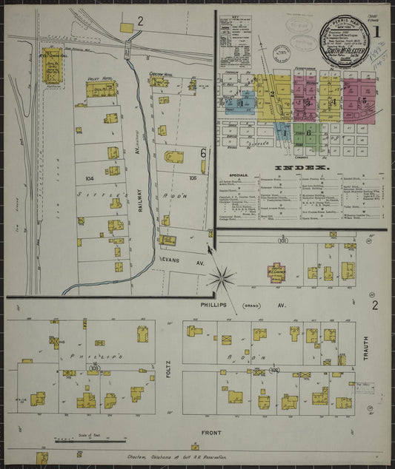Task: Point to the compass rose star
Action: tap(221, 279)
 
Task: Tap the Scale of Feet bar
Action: tap(90, 442)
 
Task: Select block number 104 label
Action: tap(90, 179)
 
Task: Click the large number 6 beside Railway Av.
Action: tap(202, 152)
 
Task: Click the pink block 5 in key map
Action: tap(363, 100)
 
